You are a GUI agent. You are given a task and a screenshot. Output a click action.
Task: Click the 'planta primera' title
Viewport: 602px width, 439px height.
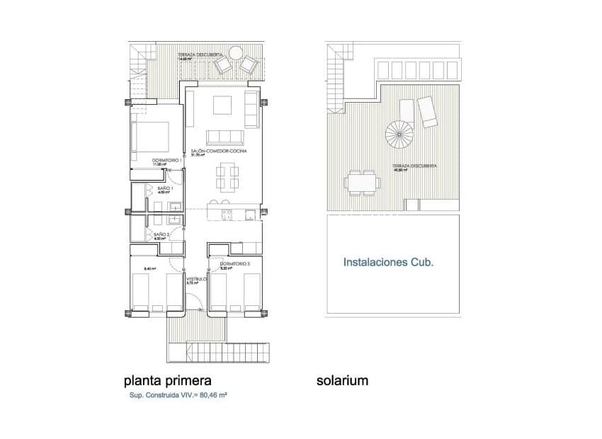click(x=167, y=380)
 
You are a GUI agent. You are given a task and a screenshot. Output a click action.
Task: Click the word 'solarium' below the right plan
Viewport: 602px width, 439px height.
click(x=343, y=380)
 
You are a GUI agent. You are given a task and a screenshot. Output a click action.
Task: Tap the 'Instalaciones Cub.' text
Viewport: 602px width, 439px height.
click(x=388, y=261)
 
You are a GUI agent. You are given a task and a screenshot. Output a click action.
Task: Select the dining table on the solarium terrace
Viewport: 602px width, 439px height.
click(x=361, y=183)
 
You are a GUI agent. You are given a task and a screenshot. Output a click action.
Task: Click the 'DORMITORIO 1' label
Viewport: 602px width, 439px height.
click(x=168, y=161)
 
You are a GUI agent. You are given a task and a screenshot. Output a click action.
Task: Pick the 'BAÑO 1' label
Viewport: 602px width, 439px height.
click(x=165, y=188)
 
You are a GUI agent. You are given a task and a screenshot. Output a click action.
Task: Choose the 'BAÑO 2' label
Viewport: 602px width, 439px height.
click(x=160, y=234)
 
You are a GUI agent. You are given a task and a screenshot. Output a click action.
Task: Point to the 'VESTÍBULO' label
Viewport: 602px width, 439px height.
click(x=196, y=279)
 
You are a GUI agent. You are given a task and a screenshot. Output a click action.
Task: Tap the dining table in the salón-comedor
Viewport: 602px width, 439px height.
click(x=226, y=176)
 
